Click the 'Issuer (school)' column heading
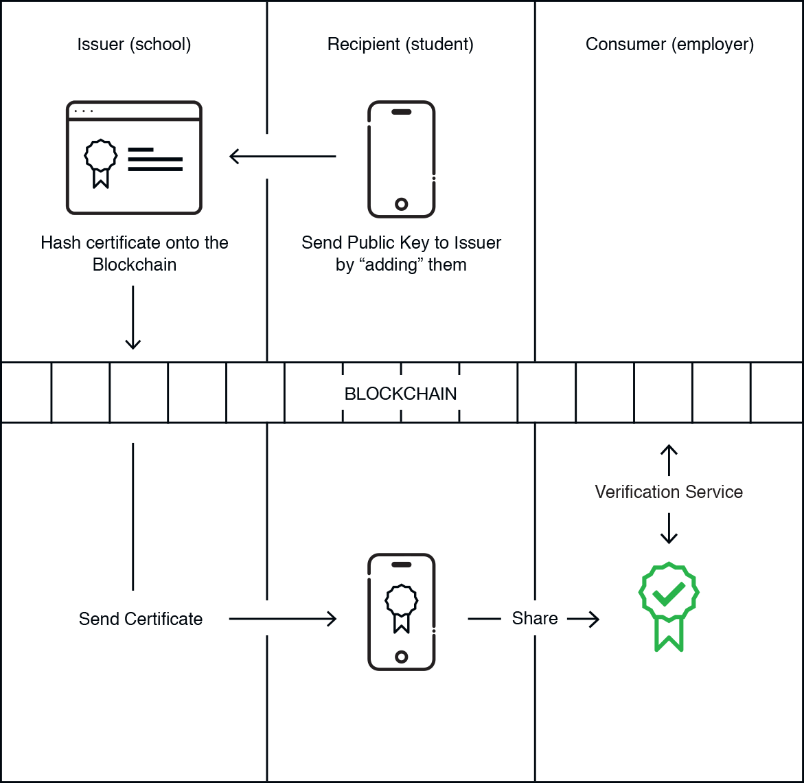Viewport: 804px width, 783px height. [x=134, y=45]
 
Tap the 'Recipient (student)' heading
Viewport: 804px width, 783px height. [x=400, y=45]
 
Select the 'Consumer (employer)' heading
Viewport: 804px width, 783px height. [x=669, y=45]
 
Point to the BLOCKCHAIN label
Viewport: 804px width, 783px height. [x=400, y=394]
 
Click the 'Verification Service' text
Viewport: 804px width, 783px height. [x=669, y=492]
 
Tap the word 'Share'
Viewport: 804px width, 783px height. [x=535, y=618]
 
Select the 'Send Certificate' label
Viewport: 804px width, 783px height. [x=141, y=619]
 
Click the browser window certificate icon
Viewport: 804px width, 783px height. [x=134, y=157]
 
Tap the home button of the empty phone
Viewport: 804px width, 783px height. [x=402, y=204]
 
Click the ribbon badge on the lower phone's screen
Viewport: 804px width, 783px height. [x=402, y=609]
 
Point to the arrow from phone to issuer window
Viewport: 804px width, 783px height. [x=282, y=156]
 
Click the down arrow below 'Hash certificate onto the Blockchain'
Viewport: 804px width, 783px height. [x=133, y=317]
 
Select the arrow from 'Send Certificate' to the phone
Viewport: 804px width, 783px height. [x=282, y=619]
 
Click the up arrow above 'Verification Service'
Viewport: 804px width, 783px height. [x=669, y=459]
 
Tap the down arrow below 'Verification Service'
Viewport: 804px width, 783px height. [x=669, y=528]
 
